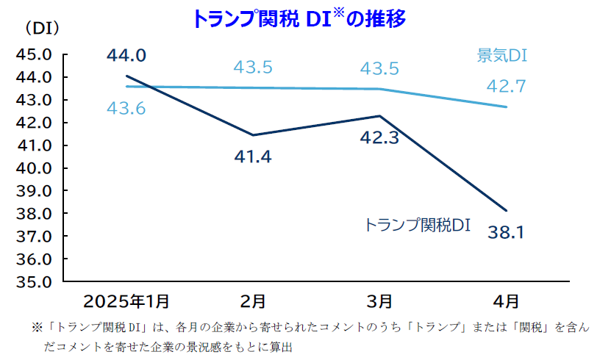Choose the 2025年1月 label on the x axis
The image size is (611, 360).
(x=126, y=300)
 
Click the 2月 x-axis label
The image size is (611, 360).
(x=253, y=300)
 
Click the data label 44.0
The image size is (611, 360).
(x=126, y=55)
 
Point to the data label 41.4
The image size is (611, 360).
(x=252, y=156)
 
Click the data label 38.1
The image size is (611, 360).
(x=505, y=234)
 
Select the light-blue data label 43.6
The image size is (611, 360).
(x=126, y=109)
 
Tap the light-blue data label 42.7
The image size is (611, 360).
(x=505, y=87)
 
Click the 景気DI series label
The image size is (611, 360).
(x=503, y=55)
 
